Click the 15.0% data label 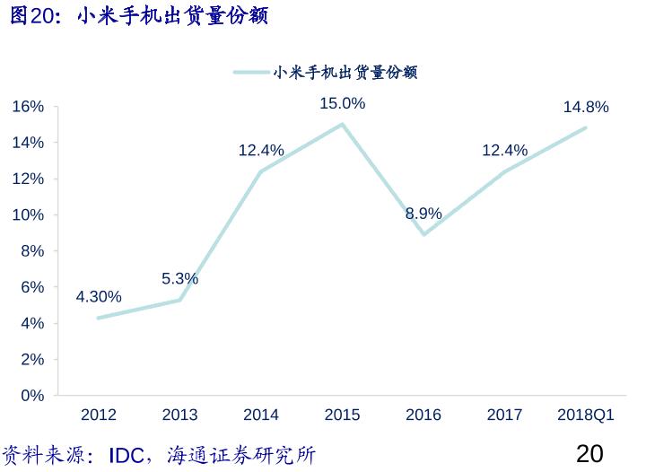342,104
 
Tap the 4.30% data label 99,296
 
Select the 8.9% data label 423,214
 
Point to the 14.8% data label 586,108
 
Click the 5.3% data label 179,279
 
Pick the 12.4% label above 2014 261,151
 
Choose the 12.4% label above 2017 504,151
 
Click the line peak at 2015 342,125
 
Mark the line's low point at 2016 423,234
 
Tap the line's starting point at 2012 99,318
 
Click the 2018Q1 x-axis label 586,415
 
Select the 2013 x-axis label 179,415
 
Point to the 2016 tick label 423,415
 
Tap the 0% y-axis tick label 32,396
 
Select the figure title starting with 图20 139,16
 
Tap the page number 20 589,453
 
